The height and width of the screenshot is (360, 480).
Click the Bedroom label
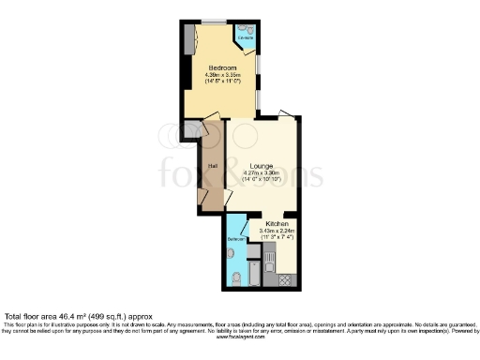click(222, 68)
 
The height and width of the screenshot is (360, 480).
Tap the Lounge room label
click(262, 166)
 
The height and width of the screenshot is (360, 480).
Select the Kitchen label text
click(277, 225)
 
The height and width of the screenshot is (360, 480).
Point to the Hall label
click(213, 168)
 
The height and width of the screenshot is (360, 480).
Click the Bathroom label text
click(236, 240)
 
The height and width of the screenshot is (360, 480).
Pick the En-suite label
click(245, 37)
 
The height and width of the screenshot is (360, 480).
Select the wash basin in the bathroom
click(232, 253)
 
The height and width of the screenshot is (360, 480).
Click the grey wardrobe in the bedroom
click(189, 40)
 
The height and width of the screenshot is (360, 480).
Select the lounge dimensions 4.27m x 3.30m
click(262, 173)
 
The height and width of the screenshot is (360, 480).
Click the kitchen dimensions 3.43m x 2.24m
click(277, 232)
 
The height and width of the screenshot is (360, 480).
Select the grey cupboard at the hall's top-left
click(192, 129)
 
